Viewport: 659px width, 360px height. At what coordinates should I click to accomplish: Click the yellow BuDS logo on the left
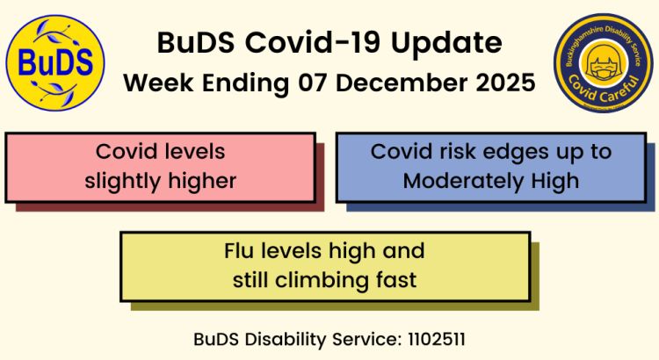(x=55, y=63)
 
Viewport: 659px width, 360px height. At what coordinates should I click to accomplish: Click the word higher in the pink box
(x=205, y=181)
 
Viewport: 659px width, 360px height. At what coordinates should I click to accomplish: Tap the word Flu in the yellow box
(x=242, y=251)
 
